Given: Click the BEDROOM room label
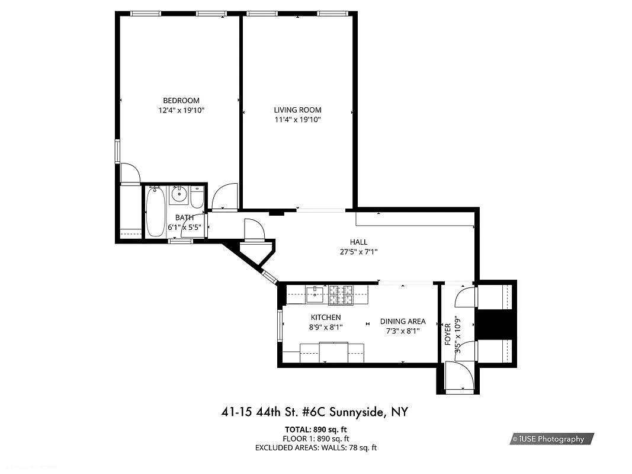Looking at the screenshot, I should [181, 101].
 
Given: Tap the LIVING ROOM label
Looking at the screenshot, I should [297, 110].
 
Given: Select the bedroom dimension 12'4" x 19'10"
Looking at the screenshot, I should [181, 110].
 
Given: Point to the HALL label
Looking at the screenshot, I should [358, 242].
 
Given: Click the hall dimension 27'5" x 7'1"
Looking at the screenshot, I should [358, 252].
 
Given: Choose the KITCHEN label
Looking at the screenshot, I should [326, 318].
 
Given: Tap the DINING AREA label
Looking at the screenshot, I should [403, 322].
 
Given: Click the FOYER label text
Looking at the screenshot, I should [448, 335].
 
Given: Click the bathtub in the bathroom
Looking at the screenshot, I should [156, 212].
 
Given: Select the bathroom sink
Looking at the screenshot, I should [178, 194].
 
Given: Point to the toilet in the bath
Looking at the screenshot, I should [197, 197].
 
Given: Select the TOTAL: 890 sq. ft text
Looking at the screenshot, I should [316, 429].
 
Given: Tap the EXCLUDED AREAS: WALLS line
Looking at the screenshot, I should [316, 448].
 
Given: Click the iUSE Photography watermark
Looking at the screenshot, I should [551, 439].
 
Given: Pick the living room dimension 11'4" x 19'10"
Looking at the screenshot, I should [297, 120].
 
